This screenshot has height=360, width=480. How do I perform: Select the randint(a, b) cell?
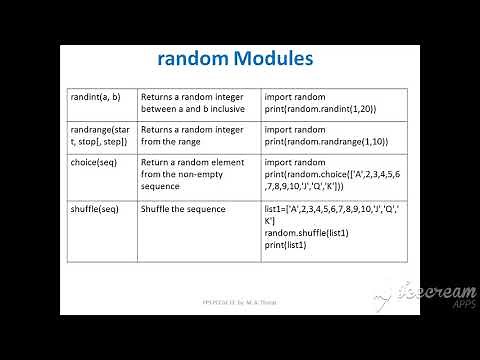pos(97,97)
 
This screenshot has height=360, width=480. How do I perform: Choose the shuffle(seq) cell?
pos(96,209)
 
